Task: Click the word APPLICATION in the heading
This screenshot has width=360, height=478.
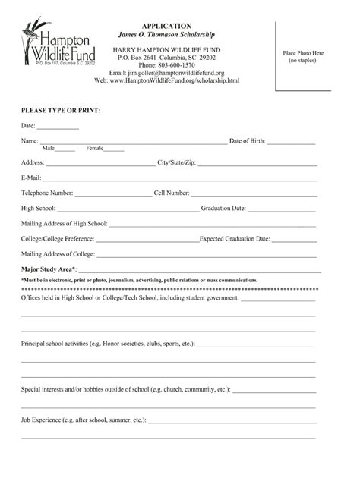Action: (x=165, y=26)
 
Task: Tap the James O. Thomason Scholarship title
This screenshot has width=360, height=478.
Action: (x=166, y=35)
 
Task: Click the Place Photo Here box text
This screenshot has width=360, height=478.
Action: (x=303, y=56)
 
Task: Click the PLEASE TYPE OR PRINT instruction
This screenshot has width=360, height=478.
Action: (x=61, y=110)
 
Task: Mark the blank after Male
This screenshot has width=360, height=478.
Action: (x=65, y=149)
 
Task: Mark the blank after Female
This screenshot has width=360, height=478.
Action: (x=115, y=149)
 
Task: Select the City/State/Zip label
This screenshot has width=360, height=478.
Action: (x=177, y=162)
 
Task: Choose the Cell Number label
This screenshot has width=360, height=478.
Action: (x=172, y=193)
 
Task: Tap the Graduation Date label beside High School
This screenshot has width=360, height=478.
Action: (x=223, y=208)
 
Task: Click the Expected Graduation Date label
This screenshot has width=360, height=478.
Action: (x=235, y=238)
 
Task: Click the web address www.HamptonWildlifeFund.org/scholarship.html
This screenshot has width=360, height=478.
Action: (x=176, y=80)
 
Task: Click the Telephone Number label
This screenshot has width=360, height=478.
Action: (x=47, y=193)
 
